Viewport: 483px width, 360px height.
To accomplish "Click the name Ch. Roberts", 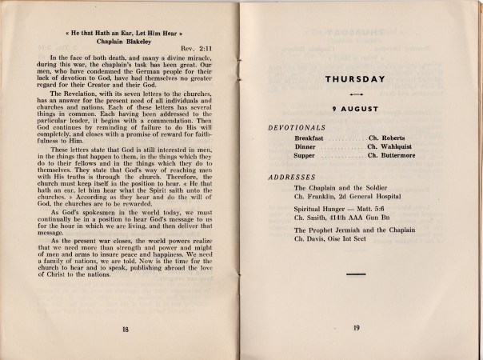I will [389, 138].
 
